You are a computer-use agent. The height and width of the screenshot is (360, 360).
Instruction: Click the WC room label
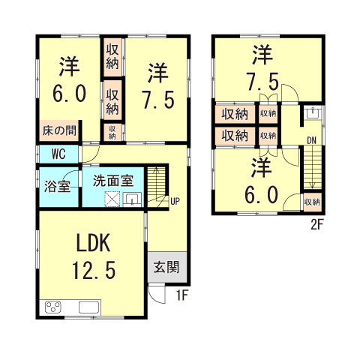(x=58, y=154)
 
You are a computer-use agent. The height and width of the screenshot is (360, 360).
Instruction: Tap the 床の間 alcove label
(x=59, y=130)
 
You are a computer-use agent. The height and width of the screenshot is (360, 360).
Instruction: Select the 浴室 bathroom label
(x=57, y=186)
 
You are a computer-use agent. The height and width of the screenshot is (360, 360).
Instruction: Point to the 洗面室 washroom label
(x=113, y=181)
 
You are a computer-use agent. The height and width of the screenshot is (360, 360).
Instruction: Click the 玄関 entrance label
(x=166, y=267)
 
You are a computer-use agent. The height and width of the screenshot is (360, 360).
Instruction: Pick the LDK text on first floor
(x=93, y=243)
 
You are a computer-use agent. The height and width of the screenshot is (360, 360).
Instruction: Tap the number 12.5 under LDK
(x=94, y=270)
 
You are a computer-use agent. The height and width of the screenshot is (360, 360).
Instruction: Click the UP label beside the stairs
(x=175, y=201)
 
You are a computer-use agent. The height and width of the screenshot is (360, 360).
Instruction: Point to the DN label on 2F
(x=311, y=140)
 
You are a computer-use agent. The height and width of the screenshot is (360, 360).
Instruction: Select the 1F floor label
(x=182, y=295)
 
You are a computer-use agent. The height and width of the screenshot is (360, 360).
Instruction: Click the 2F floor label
(x=317, y=225)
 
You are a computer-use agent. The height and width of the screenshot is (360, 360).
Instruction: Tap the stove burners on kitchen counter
(x=52, y=307)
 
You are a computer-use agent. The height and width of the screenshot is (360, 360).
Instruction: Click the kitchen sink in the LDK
(x=89, y=307)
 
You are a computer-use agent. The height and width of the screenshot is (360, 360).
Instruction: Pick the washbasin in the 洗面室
(x=132, y=199)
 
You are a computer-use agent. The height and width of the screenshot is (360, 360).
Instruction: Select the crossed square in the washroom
(x=112, y=199)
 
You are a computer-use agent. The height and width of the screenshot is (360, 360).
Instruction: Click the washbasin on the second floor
(x=312, y=113)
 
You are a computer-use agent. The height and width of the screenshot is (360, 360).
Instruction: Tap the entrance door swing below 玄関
(x=157, y=295)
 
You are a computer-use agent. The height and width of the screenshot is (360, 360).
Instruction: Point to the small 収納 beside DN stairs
(x=313, y=202)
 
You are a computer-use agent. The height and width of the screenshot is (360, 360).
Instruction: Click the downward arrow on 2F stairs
(x=312, y=168)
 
